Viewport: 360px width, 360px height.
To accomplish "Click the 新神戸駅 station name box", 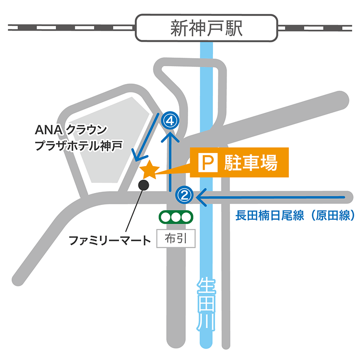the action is pyautogui.click(x=207, y=28).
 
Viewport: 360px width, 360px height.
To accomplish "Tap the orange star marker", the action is pyautogui.click(x=149, y=169).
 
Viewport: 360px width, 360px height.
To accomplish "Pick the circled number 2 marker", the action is pyautogui.click(x=185, y=195).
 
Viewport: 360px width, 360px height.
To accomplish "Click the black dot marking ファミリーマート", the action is pyautogui.click(x=143, y=184).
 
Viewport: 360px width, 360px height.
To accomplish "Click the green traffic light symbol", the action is pyautogui.click(x=176, y=217).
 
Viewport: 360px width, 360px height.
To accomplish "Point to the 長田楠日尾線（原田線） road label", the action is pyautogui.click(x=295, y=215).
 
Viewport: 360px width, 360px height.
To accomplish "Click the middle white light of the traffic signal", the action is pyautogui.click(x=176, y=217).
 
